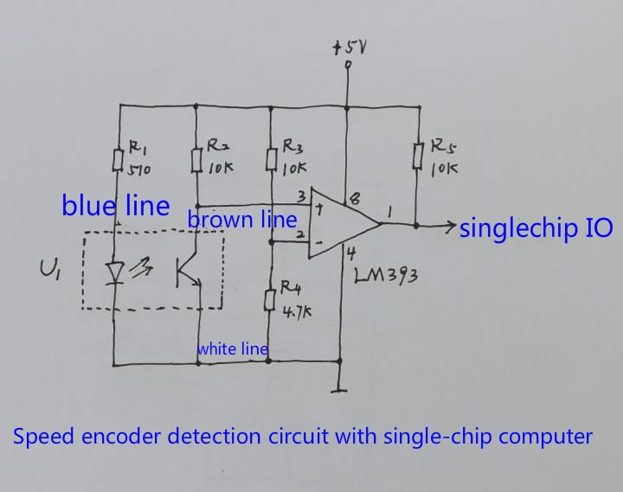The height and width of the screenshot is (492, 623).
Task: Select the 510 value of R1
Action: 139,170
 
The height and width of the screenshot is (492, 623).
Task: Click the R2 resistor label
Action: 216,145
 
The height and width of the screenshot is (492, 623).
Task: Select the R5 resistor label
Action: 442,144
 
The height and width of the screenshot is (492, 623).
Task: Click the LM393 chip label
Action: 387,276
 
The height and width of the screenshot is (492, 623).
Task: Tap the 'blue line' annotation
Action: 115,206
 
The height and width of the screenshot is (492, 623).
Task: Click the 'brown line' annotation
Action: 242,220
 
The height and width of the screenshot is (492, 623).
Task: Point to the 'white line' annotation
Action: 232,349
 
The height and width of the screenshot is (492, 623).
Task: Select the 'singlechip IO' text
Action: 536,228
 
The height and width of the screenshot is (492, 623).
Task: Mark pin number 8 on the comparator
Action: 353,198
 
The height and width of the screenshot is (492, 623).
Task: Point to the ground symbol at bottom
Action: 338,386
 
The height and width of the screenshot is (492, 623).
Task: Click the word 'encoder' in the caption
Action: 119,436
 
